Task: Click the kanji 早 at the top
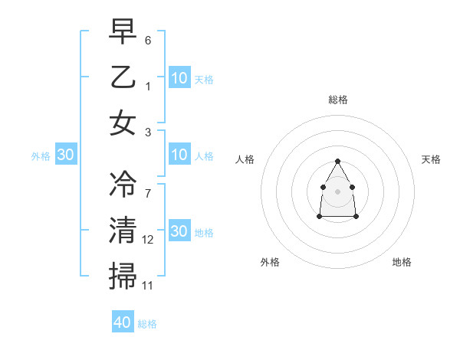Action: pyautogui.click(x=123, y=31)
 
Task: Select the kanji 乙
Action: pyautogui.click(x=123, y=77)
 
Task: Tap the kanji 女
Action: pyautogui.click(x=123, y=123)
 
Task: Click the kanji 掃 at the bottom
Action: pyautogui.click(x=123, y=276)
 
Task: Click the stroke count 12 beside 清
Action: pyautogui.click(x=148, y=240)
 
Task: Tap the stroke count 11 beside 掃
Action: pyautogui.click(x=148, y=286)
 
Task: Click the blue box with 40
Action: pyautogui.click(x=123, y=322)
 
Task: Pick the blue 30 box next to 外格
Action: pyautogui.click(x=66, y=155)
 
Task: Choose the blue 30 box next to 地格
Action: pyautogui.click(x=179, y=231)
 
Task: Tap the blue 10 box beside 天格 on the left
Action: pyautogui.click(x=179, y=78)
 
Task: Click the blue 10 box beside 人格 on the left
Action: pyautogui.click(x=179, y=155)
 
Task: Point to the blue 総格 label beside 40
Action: pyautogui.click(x=147, y=324)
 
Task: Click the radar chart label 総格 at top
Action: pyautogui.click(x=337, y=100)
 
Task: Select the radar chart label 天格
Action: pyautogui.click(x=431, y=159)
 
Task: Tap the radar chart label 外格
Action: pyautogui.click(x=270, y=262)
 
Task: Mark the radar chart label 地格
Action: pyautogui.click(x=402, y=262)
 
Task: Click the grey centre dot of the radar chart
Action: pyautogui.click(x=337, y=190)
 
